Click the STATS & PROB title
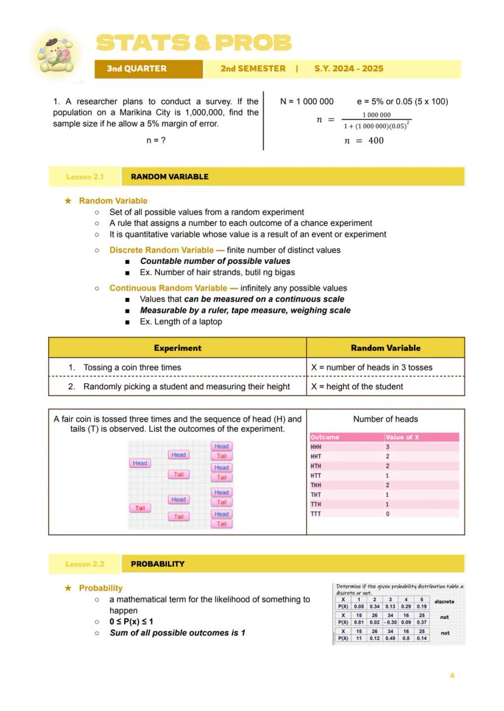(194, 43)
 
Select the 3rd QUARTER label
(136, 69)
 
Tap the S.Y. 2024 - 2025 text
(348, 69)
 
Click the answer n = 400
(363, 140)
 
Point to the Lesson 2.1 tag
(85, 177)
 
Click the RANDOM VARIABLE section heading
(169, 177)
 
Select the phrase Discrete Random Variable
(161, 250)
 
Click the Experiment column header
(177, 348)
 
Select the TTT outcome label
(315, 514)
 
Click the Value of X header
(402, 437)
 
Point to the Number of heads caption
(385, 419)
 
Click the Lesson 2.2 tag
(85, 564)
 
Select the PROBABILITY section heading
(157, 564)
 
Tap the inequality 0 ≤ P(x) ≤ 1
(131, 622)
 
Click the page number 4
(452, 676)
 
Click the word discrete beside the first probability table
(444, 602)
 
